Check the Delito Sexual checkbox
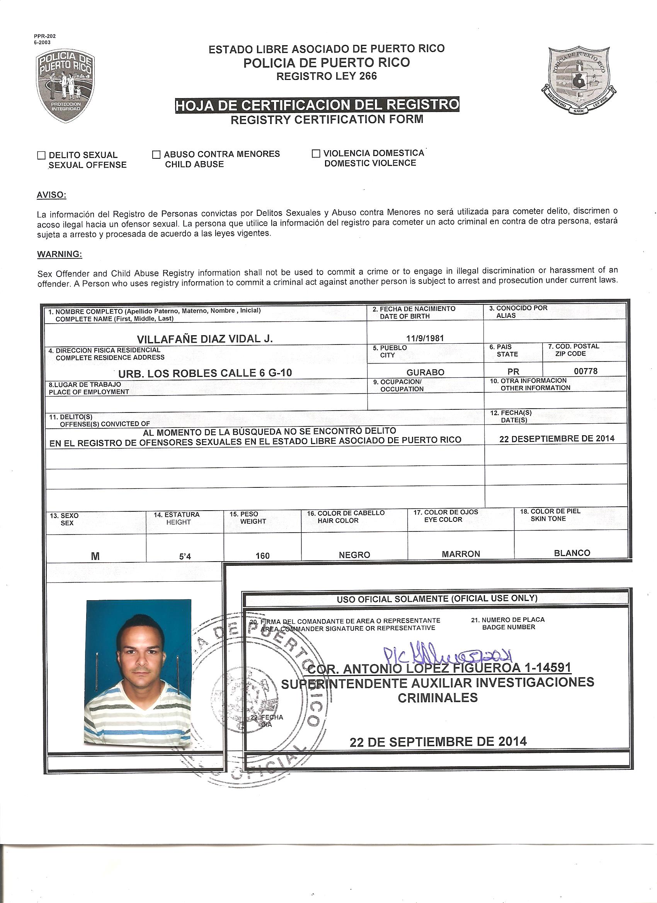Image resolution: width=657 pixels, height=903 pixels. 41,156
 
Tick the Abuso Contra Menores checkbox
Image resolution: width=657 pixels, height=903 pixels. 157,154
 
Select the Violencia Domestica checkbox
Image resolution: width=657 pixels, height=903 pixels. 317,154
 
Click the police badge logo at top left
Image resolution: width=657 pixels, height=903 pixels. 66,87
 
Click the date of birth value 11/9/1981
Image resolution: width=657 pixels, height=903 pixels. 425,338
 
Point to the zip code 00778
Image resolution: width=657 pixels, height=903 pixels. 585,371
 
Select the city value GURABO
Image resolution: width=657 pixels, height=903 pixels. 425,372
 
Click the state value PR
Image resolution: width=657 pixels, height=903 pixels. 513,372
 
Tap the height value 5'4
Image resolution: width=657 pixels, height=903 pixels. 185,556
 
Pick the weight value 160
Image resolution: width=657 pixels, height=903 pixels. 262,555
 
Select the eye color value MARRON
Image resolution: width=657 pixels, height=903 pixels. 461,554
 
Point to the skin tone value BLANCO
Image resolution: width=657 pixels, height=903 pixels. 572,553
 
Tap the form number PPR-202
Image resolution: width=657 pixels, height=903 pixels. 44,36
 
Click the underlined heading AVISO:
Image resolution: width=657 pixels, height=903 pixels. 52,195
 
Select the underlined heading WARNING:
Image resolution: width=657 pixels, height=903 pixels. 60,254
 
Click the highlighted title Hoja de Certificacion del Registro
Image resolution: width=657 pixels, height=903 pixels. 317,105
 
